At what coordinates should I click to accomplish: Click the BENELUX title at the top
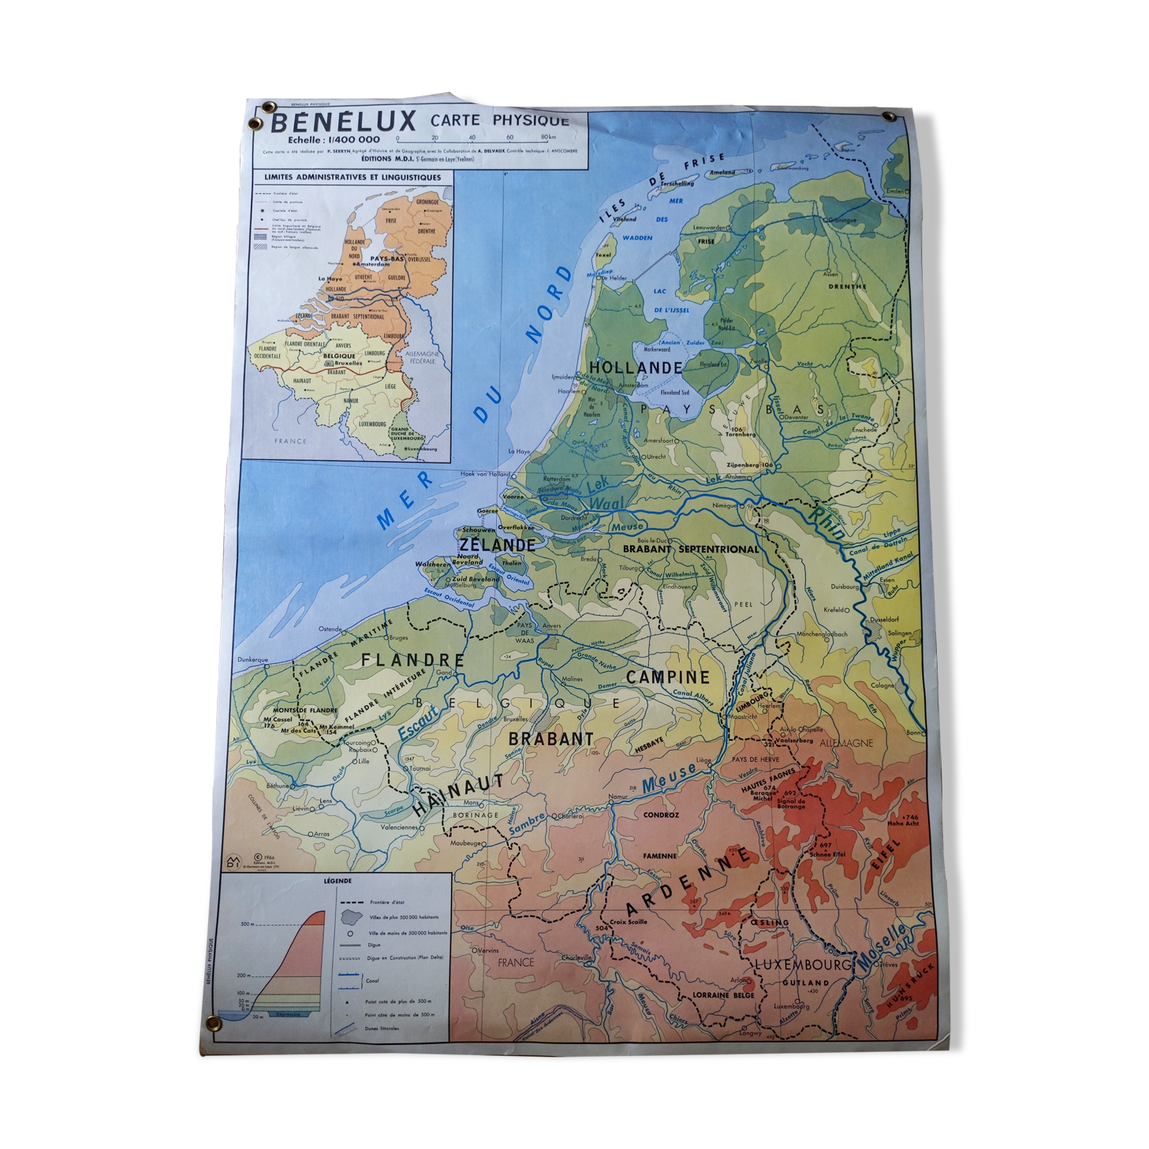(x=344, y=123)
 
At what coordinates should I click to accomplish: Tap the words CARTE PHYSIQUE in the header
(x=499, y=121)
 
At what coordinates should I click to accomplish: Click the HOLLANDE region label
(x=636, y=368)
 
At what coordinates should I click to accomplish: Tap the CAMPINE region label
(x=668, y=677)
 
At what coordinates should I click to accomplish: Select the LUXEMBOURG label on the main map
(x=803, y=964)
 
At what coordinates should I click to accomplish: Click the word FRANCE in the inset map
(x=290, y=442)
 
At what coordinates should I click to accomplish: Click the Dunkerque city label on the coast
(x=252, y=659)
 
